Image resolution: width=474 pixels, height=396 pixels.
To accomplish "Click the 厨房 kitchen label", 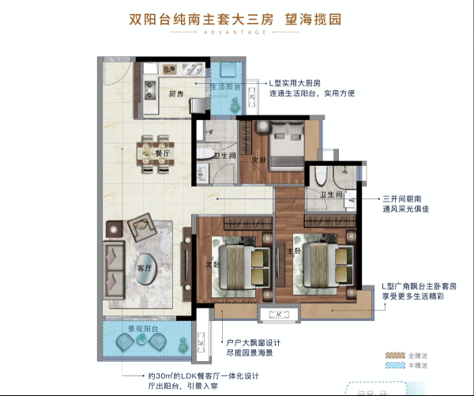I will pyautogui.click(x=175, y=93).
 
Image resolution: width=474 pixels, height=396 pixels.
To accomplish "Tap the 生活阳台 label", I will pyautogui.click(x=227, y=87).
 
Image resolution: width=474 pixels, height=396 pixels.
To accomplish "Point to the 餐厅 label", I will pyautogui.click(x=164, y=154).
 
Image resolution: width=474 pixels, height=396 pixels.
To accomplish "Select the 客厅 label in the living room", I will pyautogui.click(x=144, y=267).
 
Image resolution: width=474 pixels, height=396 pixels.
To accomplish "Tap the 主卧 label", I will pyautogui.click(x=292, y=251).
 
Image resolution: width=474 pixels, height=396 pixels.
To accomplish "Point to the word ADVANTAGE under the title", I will pyautogui.click(x=238, y=34).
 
